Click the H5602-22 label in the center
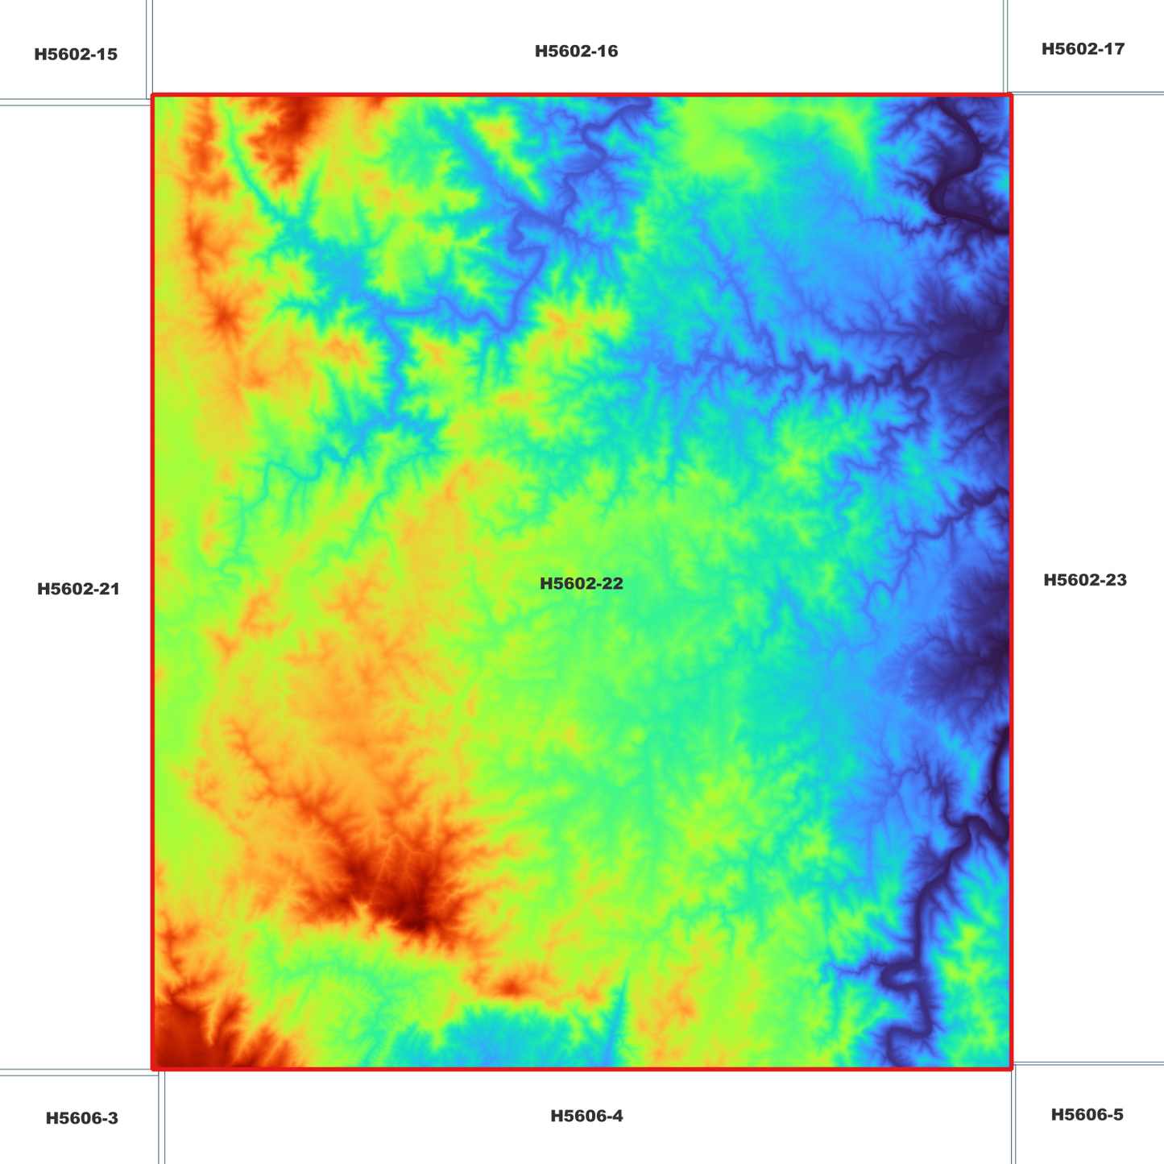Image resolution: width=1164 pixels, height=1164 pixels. click(581, 584)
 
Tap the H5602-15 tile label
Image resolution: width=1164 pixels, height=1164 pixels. click(76, 55)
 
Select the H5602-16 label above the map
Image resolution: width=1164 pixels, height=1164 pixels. click(576, 52)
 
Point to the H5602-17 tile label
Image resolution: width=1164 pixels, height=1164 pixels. click(1083, 49)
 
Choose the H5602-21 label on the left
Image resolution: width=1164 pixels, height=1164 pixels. click(78, 589)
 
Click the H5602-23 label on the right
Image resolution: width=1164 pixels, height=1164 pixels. click(1085, 580)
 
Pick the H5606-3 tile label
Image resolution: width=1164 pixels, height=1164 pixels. click(81, 1118)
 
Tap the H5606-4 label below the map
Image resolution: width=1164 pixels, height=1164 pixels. click(586, 1116)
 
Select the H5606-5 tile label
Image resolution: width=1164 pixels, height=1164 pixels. click(1087, 1115)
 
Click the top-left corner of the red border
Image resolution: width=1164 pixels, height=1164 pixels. click(153, 96)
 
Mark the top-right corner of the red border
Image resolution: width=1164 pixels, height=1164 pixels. click(1010, 96)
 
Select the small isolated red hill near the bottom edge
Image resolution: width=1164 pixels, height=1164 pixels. click(510, 986)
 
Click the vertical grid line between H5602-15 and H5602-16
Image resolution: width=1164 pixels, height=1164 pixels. click(149, 48)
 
